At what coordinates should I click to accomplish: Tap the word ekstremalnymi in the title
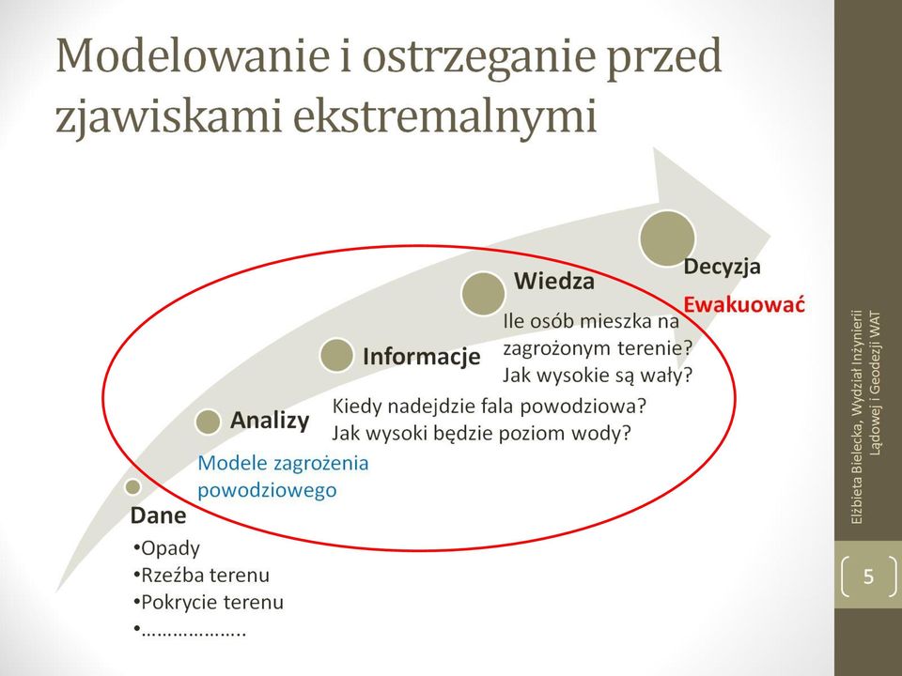pyautogui.click(x=444, y=115)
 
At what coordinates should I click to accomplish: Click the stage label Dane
pyautogui.click(x=158, y=515)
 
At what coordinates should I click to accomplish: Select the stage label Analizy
pyautogui.click(x=270, y=421)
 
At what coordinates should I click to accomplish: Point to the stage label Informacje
pyautogui.click(x=422, y=357)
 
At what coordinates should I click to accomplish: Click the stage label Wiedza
pyautogui.click(x=554, y=281)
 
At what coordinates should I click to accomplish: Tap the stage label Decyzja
pyautogui.click(x=722, y=267)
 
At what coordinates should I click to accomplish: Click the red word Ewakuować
pyautogui.click(x=744, y=304)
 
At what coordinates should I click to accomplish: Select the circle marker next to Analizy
pyautogui.click(x=208, y=422)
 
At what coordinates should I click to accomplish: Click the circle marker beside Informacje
pyautogui.click(x=336, y=355)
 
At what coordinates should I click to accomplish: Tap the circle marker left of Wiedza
pyautogui.click(x=483, y=293)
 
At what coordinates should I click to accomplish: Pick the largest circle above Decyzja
pyautogui.click(x=667, y=238)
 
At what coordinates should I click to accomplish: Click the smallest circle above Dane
pyautogui.click(x=132, y=487)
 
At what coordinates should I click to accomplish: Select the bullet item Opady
pyautogui.click(x=166, y=548)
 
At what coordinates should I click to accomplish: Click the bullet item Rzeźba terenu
pyautogui.click(x=201, y=575)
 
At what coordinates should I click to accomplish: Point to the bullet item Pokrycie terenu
pyautogui.click(x=209, y=602)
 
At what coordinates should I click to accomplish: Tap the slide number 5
pyautogui.click(x=868, y=576)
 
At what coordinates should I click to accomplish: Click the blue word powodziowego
pyautogui.click(x=267, y=490)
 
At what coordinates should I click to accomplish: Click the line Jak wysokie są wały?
pyautogui.click(x=598, y=376)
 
